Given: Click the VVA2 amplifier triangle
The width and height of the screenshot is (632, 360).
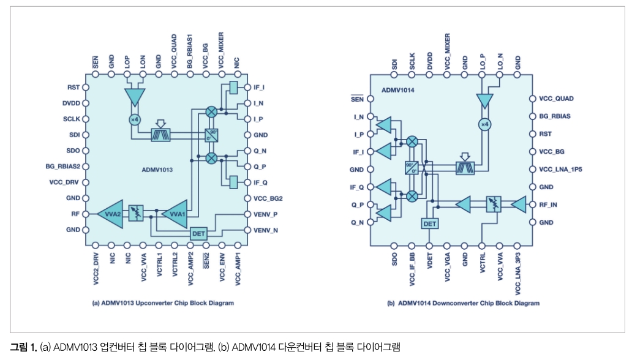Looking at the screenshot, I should [x=112, y=213].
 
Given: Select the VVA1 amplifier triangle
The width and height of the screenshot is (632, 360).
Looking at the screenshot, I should [x=176, y=213].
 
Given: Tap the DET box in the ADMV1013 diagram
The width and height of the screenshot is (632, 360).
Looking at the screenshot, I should [x=198, y=233].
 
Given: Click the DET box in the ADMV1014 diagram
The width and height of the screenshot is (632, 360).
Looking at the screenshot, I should [x=430, y=224].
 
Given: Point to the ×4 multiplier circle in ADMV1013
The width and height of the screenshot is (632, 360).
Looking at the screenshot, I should [x=134, y=119].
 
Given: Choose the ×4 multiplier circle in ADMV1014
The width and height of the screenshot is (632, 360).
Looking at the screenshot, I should [x=484, y=125].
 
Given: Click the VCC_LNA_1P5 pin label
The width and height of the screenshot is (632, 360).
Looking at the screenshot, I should [x=560, y=169].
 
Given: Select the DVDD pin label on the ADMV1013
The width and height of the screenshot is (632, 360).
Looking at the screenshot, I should [x=70, y=103].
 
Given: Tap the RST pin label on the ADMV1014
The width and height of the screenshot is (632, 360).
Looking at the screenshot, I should [x=546, y=133].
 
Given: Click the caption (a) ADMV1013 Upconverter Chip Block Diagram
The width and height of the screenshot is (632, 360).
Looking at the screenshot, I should [x=164, y=303].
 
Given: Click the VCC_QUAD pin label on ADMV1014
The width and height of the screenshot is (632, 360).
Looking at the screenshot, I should [x=556, y=98].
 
